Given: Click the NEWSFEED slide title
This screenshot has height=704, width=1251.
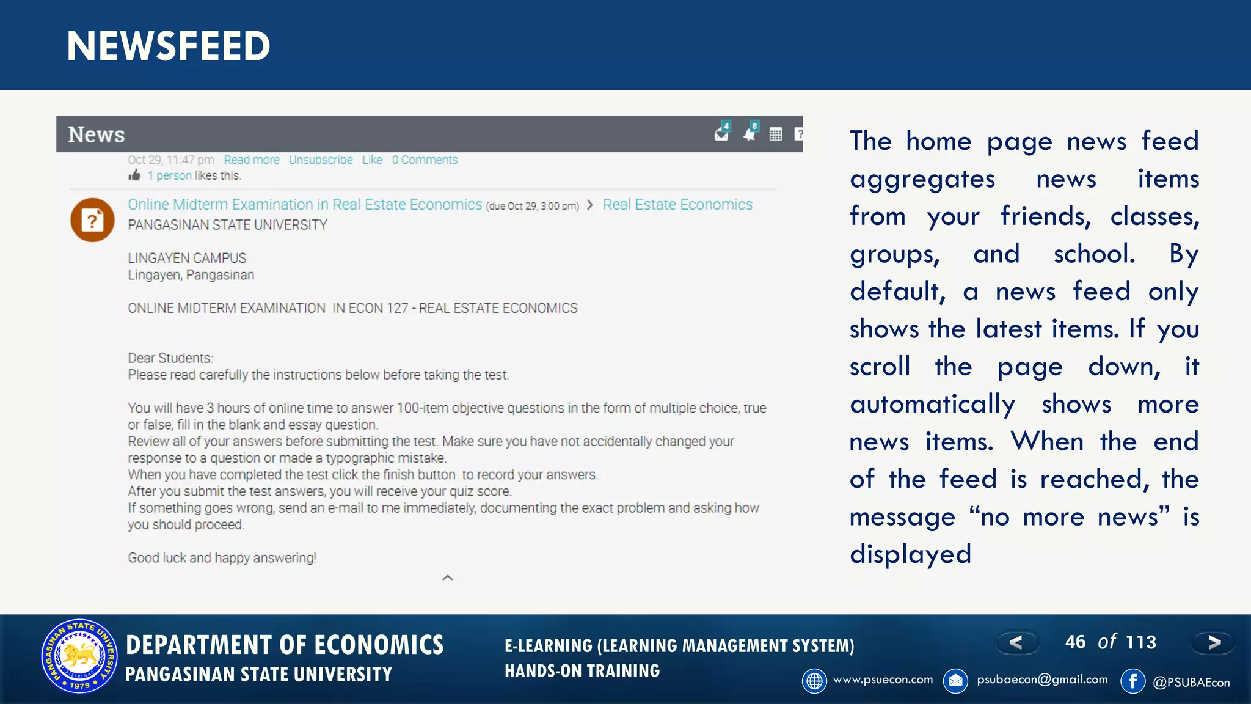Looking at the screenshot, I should tap(169, 46).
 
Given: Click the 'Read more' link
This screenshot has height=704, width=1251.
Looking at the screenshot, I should tap(252, 160).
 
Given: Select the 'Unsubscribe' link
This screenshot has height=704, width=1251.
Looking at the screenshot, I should tap(321, 160).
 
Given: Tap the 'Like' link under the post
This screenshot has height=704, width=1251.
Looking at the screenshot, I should tap(372, 160).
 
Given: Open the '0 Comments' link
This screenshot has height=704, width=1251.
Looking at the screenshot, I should tap(425, 160).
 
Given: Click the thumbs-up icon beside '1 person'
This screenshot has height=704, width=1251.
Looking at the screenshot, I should tap(135, 176).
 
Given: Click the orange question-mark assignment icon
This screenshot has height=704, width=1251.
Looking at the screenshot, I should tap(92, 220).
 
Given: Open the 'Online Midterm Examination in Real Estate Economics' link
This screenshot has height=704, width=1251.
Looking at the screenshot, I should tap(305, 205).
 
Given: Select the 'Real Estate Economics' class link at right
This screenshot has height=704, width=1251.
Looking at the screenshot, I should tap(677, 205).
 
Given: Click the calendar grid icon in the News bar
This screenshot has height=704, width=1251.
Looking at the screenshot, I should tap(776, 134).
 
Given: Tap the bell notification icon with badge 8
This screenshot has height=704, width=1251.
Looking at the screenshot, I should tap(750, 133).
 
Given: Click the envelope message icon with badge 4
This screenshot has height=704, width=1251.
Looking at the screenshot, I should tap(722, 133).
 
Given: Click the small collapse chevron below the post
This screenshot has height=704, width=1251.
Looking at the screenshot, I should tap(448, 577).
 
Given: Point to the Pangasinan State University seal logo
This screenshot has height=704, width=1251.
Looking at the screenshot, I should tap(79, 656).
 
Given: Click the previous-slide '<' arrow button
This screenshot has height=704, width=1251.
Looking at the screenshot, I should tap(1016, 642).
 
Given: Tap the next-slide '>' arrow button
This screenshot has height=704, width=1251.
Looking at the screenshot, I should tap(1214, 642).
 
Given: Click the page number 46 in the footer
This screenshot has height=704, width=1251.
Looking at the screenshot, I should tap(1075, 642).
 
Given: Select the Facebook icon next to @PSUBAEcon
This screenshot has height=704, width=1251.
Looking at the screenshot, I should tap(1132, 681).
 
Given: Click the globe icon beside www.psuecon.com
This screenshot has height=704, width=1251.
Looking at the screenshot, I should tap(814, 681).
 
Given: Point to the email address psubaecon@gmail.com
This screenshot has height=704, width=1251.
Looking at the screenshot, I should tap(1042, 680).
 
